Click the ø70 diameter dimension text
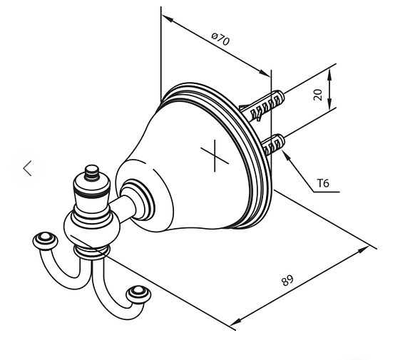click(x=221, y=40)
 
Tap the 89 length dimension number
click(x=287, y=279)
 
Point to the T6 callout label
click(x=323, y=184)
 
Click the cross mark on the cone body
click(x=212, y=155)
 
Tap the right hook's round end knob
click(x=136, y=293)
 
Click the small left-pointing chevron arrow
click(x=28, y=168)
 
